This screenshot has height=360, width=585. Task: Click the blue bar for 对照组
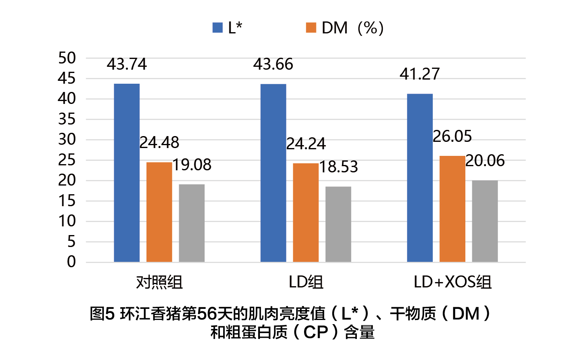(127, 173)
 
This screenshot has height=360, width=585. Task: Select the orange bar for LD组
(306, 212)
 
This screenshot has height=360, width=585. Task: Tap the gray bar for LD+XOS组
(485, 221)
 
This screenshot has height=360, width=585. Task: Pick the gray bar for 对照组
(192, 223)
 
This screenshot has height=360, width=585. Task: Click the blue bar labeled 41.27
(420, 178)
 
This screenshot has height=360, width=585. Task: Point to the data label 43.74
(127, 64)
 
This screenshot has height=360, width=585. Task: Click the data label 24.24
(306, 144)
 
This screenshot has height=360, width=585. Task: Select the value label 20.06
(485, 161)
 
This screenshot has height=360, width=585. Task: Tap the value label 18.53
(338, 167)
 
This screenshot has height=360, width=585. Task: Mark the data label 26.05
(452, 136)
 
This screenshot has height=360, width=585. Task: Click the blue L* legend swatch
(217, 28)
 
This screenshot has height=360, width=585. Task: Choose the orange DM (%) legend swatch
(311, 28)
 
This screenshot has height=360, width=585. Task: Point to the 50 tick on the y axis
(67, 58)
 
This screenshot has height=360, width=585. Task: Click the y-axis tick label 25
(67, 160)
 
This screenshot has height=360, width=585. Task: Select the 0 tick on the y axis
(71, 262)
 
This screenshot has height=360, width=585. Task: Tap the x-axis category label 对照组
(159, 282)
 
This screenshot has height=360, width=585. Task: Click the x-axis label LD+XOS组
(453, 282)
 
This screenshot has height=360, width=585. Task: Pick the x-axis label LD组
(306, 282)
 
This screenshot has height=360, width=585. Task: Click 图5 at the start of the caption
(101, 314)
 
